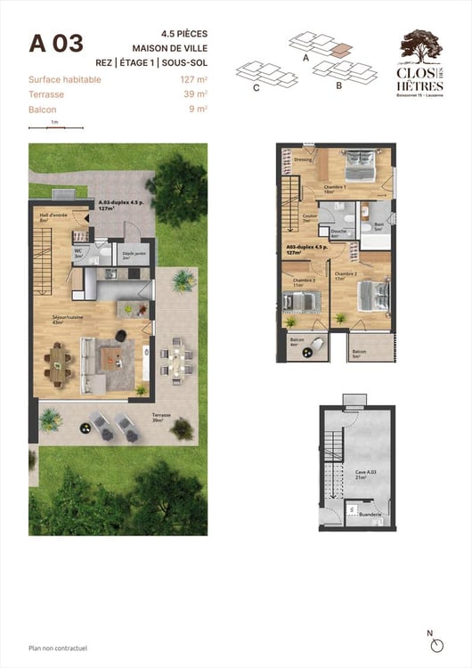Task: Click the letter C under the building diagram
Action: [x=256, y=88]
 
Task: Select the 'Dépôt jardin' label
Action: [x=134, y=254]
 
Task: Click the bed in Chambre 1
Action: [x=360, y=165]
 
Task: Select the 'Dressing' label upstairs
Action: [x=302, y=160]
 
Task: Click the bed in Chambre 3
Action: [x=302, y=301]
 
